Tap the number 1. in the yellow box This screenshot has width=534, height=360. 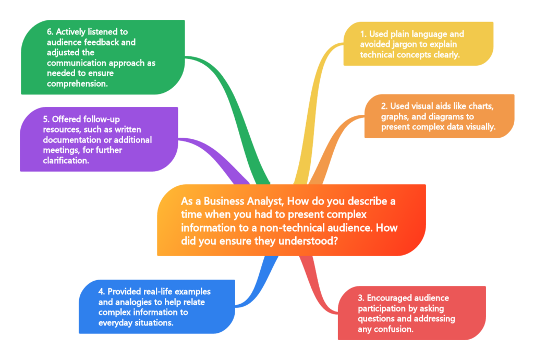click(x=363, y=34)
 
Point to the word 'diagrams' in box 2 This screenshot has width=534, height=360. click(x=454, y=116)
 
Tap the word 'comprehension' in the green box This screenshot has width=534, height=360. click(x=77, y=83)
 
